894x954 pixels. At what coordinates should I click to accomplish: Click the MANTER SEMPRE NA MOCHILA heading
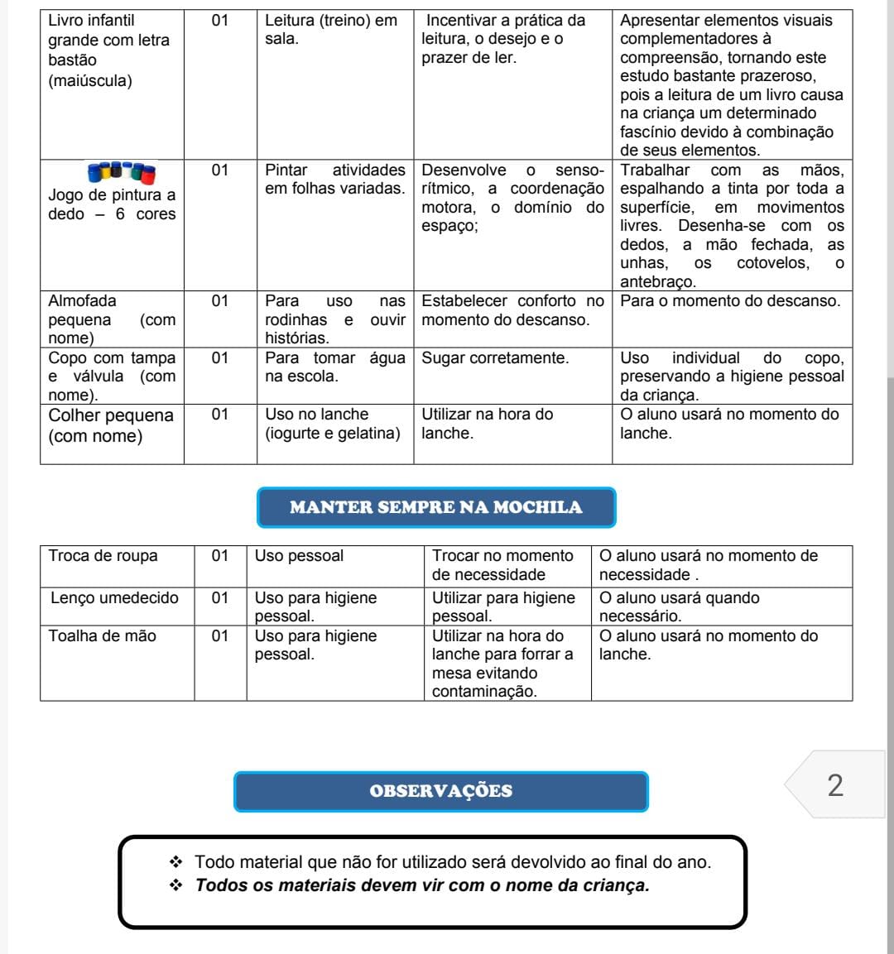(x=436, y=507)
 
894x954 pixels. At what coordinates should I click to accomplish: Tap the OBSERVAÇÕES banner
(x=440, y=791)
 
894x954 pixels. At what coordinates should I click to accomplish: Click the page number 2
(x=835, y=785)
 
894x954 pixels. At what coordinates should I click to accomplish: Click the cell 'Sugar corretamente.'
(x=495, y=358)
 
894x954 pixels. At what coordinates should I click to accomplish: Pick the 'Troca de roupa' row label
(x=103, y=556)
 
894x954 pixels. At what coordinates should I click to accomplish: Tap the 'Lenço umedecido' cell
(x=114, y=597)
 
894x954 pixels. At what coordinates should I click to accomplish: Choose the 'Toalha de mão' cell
(x=102, y=635)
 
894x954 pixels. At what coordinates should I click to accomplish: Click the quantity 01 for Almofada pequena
(x=219, y=301)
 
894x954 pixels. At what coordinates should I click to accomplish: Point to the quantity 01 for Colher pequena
(x=219, y=415)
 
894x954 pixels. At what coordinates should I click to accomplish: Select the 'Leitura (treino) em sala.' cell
(x=331, y=30)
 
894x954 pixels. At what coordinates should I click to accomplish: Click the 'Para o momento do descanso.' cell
(x=730, y=301)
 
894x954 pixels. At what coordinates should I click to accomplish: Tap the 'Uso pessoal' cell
(x=299, y=556)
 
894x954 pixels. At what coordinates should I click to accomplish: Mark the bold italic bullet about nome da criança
(x=422, y=885)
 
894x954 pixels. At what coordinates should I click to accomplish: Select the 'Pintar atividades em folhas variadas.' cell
(x=334, y=180)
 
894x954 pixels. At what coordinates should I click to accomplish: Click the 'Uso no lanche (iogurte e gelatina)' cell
(x=332, y=424)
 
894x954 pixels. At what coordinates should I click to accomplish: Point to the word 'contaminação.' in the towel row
(x=484, y=692)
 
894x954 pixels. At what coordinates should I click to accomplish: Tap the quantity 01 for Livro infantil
(x=219, y=21)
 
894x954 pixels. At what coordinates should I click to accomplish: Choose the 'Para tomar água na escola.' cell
(x=334, y=367)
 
